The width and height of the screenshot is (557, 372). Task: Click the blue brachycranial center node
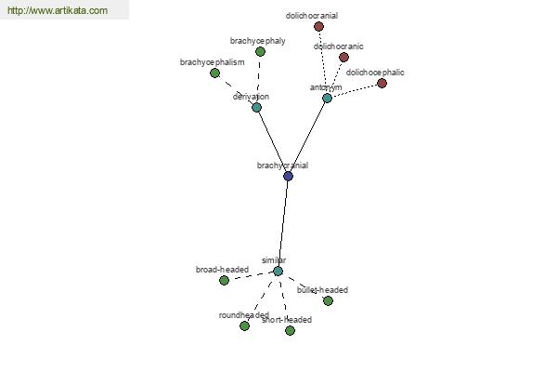[x=288, y=176]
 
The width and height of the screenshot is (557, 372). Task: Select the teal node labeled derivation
[x=256, y=107]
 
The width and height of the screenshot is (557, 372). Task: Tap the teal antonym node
[x=327, y=98]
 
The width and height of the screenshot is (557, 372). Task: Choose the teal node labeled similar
[x=278, y=271]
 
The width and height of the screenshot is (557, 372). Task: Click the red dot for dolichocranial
[x=319, y=26]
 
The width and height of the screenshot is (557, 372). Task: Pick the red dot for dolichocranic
[x=343, y=57]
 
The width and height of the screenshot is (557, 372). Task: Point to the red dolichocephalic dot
[x=382, y=84]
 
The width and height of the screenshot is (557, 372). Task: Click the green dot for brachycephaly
[x=260, y=52]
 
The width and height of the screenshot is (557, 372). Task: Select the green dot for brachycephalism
[x=214, y=73]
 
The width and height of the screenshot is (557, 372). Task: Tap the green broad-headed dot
[x=224, y=281]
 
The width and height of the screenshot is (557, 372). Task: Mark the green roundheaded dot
[x=244, y=325]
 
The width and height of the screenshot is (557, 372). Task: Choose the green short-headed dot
[x=290, y=331]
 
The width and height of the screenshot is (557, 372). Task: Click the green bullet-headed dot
[x=328, y=300]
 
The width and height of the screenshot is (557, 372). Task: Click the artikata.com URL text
[x=58, y=10]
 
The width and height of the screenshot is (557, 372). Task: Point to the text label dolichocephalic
[x=375, y=73]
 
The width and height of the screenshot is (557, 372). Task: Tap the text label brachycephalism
[x=212, y=62]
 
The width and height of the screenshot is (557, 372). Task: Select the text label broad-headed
[x=222, y=270]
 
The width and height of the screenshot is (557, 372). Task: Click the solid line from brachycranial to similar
[x=283, y=223]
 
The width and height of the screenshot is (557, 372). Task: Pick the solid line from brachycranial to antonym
[x=307, y=137]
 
